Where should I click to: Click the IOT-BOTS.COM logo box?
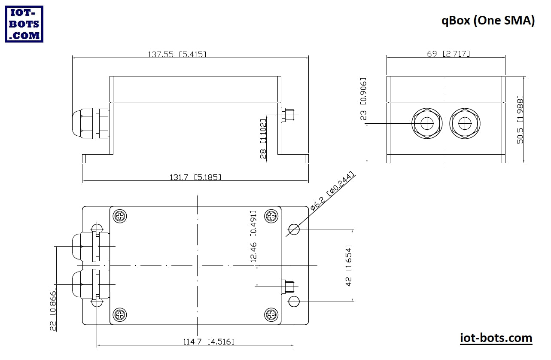(x=24, y=24)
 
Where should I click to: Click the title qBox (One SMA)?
(x=488, y=21)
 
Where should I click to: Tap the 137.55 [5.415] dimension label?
(x=177, y=54)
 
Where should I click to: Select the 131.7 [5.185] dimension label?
(x=195, y=177)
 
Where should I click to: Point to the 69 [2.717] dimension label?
(x=448, y=54)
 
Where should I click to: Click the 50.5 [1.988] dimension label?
(x=520, y=119)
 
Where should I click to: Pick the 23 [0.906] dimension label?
(x=363, y=99)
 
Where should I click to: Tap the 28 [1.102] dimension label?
(x=263, y=139)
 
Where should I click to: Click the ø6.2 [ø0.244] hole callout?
(x=332, y=191)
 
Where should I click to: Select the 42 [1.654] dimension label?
(x=349, y=265)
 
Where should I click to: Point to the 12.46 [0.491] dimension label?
(x=253, y=236)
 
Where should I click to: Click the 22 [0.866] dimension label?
(x=53, y=309)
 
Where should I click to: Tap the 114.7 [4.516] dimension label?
(x=209, y=342)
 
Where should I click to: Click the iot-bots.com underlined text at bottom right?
(x=496, y=338)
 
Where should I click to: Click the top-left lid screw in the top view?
(x=120, y=216)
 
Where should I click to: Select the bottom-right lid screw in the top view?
(x=271, y=314)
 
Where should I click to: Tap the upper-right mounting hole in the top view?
(x=294, y=229)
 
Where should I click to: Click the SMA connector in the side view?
(x=288, y=115)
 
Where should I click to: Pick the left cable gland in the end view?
(x=427, y=123)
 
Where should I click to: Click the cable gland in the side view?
(x=91, y=123)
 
